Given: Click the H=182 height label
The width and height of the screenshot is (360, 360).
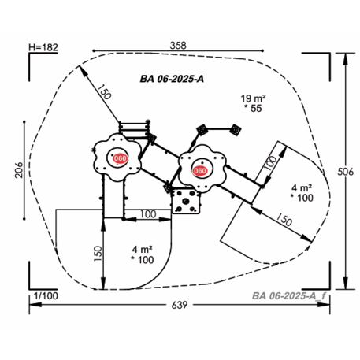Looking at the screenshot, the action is pos(43,47).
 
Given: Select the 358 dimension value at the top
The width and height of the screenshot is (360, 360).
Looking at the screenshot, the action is pos(178,46).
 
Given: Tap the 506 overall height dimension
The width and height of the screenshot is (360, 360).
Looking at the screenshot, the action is pos(345,172).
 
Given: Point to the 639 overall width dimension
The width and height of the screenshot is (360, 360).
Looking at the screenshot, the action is pos(180,305).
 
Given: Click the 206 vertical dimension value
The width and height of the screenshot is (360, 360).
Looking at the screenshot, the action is pos(19,170).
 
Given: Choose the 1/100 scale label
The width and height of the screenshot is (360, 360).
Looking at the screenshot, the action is pos(46,296).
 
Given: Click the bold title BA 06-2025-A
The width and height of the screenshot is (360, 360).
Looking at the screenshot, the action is pos(172,79).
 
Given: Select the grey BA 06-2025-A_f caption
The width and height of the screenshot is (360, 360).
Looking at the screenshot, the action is pos(289,296).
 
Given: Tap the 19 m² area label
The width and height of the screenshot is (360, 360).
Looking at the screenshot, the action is pos(253,98).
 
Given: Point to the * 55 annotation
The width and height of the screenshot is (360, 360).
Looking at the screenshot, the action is pos(253,108).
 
